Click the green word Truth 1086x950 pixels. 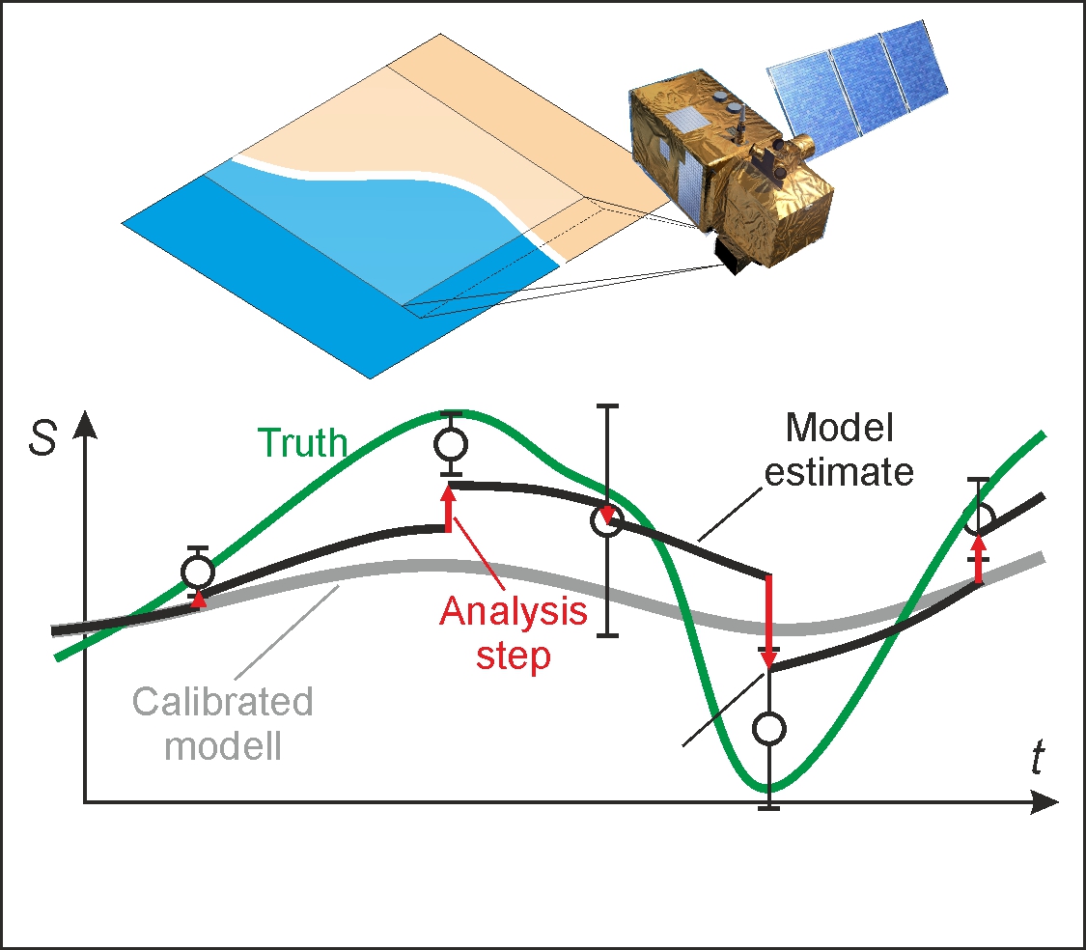pos(302,443)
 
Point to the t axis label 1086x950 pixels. pos(1036,759)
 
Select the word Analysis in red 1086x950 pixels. pos(514,611)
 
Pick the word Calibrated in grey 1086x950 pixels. pos(223,702)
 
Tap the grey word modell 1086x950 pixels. pos(223,745)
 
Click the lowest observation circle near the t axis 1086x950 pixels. pos(769,728)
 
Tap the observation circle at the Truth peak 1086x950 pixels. pos(451,444)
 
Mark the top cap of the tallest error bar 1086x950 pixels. pos(606,406)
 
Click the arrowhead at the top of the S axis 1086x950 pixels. pos(86,423)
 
